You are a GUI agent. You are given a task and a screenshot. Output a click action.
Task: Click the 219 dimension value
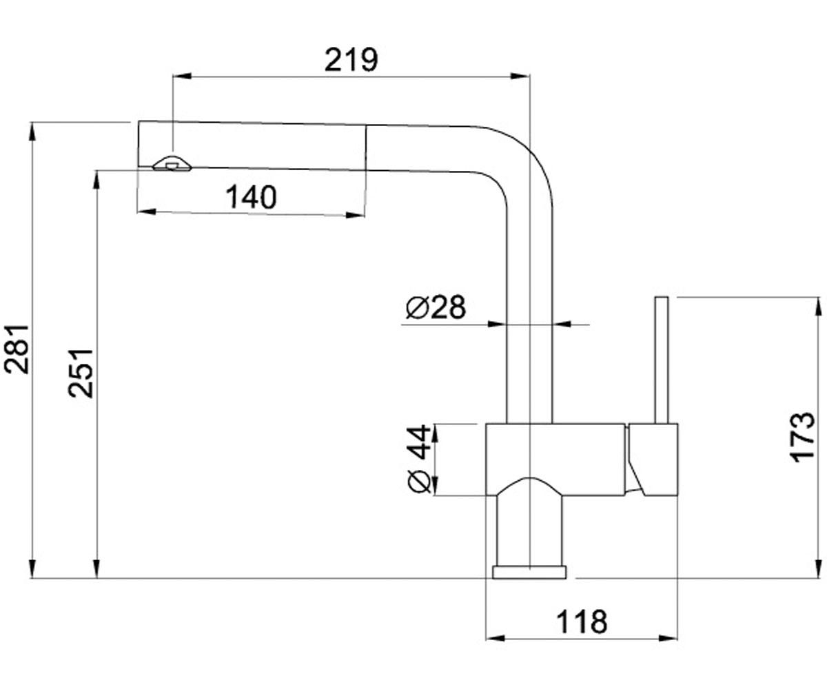click(351, 60)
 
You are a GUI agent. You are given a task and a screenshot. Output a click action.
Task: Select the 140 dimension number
click(251, 197)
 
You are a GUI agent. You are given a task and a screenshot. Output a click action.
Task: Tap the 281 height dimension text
click(17, 349)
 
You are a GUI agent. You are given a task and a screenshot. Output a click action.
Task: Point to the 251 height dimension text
click(81, 373)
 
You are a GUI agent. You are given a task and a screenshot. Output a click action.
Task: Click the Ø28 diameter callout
click(436, 307)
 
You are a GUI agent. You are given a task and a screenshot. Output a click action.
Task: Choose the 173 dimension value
click(802, 437)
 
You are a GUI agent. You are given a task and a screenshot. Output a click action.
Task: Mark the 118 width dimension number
click(582, 622)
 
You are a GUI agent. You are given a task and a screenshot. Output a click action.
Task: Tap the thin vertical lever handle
click(662, 360)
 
